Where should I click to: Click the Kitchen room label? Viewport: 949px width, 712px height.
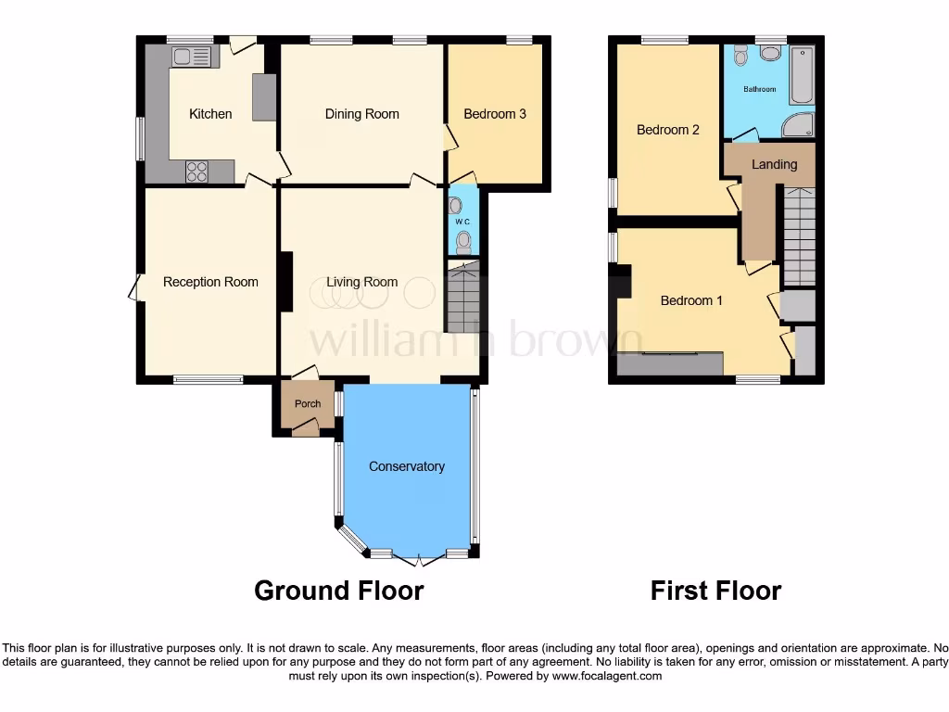(x=210, y=114)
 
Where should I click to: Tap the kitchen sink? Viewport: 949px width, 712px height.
(x=192, y=57)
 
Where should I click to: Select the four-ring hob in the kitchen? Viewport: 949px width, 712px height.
(x=196, y=172)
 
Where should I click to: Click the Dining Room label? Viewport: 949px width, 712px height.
(x=361, y=114)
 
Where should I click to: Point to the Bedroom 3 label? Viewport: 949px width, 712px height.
(x=495, y=114)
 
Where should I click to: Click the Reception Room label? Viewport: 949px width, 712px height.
(x=210, y=282)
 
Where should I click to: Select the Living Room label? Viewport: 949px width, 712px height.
(x=361, y=282)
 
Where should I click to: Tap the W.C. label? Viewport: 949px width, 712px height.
(x=462, y=222)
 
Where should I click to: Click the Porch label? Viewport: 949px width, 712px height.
(x=308, y=403)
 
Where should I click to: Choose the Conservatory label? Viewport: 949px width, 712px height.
(x=407, y=466)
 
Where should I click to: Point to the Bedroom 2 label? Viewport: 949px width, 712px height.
(x=668, y=130)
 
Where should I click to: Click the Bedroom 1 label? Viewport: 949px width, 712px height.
(x=691, y=300)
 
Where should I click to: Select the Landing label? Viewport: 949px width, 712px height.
(x=774, y=164)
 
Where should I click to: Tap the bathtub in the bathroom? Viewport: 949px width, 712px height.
(x=802, y=76)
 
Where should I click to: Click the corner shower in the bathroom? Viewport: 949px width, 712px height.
(x=798, y=125)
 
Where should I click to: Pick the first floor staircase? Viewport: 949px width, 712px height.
(x=799, y=235)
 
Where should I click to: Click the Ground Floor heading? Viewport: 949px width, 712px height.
(x=338, y=591)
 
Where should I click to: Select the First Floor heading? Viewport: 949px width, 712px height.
(x=715, y=591)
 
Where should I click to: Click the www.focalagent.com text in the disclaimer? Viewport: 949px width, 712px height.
(x=607, y=676)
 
